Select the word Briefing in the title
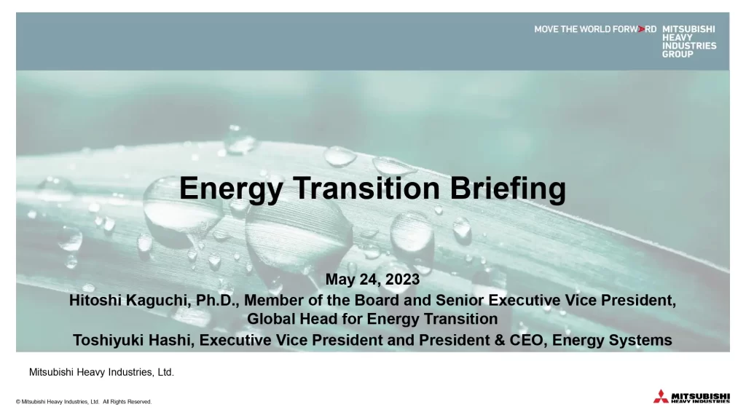(508, 189)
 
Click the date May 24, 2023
(372, 280)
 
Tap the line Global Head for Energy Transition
(372, 319)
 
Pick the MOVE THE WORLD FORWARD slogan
(594, 30)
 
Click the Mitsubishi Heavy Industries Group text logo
(688, 41)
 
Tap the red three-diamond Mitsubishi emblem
(660, 397)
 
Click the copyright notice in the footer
(84, 402)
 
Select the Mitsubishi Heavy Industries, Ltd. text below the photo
(101, 373)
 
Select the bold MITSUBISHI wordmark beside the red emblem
(701, 395)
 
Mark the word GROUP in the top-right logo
(678, 54)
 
